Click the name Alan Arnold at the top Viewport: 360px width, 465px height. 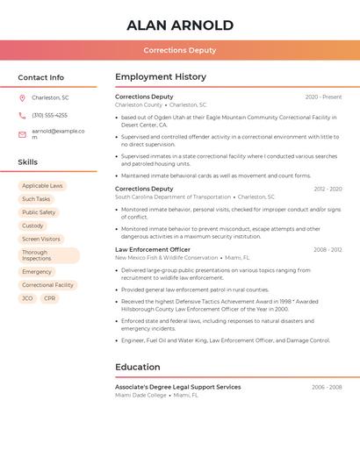click(180, 25)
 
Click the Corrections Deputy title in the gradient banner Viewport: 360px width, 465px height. click(180, 50)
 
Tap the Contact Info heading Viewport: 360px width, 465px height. click(41, 77)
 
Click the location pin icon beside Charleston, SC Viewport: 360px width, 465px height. click(22, 98)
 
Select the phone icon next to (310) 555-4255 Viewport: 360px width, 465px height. click(22, 115)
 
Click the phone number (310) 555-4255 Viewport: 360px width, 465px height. click(49, 115)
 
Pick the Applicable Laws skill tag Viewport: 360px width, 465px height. click(42, 186)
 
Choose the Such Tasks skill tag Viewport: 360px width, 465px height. click(36, 199)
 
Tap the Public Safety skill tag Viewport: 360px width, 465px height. click(39, 212)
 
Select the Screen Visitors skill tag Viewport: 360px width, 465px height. click(41, 239)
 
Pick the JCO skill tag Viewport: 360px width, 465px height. click(27, 298)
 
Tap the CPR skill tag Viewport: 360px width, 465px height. click(49, 298)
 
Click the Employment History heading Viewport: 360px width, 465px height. click(161, 77)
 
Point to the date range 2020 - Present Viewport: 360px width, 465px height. click(323, 97)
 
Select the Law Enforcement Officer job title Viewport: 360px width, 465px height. click(154, 250)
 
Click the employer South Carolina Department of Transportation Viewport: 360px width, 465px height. click(173, 197)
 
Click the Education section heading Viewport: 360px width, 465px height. click(138, 368)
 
